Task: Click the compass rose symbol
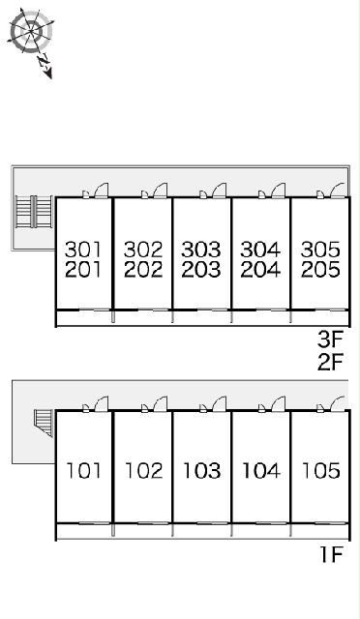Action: click(31, 31)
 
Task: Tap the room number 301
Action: click(83, 250)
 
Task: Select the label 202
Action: click(143, 270)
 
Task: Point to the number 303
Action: click(201, 250)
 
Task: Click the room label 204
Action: click(260, 270)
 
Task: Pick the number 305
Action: click(320, 250)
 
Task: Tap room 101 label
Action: click(83, 471)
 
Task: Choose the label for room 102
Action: click(143, 471)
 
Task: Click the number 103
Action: click(202, 471)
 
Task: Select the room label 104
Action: click(261, 471)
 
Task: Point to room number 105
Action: click(321, 471)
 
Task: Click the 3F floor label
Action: click(330, 339)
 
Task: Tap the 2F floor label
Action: click(330, 362)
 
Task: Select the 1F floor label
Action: click(331, 554)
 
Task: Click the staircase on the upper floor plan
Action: click(34, 212)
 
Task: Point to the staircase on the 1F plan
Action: click(44, 423)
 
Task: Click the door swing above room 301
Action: click(102, 190)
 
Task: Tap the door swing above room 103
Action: click(220, 403)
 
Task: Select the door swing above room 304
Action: click(278, 190)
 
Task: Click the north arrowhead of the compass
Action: click(48, 74)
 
